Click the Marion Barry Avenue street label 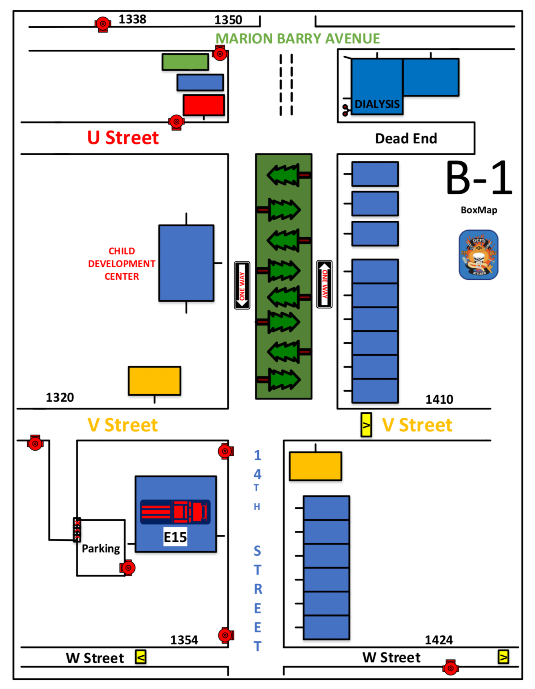pos(298,39)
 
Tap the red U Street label pos(123,138)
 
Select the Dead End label pos(406,138)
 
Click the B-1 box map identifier pos(479,178)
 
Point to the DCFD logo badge pos(478,255)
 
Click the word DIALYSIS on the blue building pos(377,104)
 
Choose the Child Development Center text pos(122,264)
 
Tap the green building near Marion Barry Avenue pos(185,62)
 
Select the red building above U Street pos(204,105)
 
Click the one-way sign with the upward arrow pos(324,284)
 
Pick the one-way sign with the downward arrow pos(242,285)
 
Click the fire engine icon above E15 pos(175,512)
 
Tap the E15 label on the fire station pos(175,537)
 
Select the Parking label pos(101,549)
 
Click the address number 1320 pos(60,397)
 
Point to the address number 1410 pos(439,399)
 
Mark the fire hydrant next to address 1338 pos(103,24)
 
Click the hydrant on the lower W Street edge pos(450,668)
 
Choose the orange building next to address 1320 pos(154,380)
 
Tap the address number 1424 pos(439,640)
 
